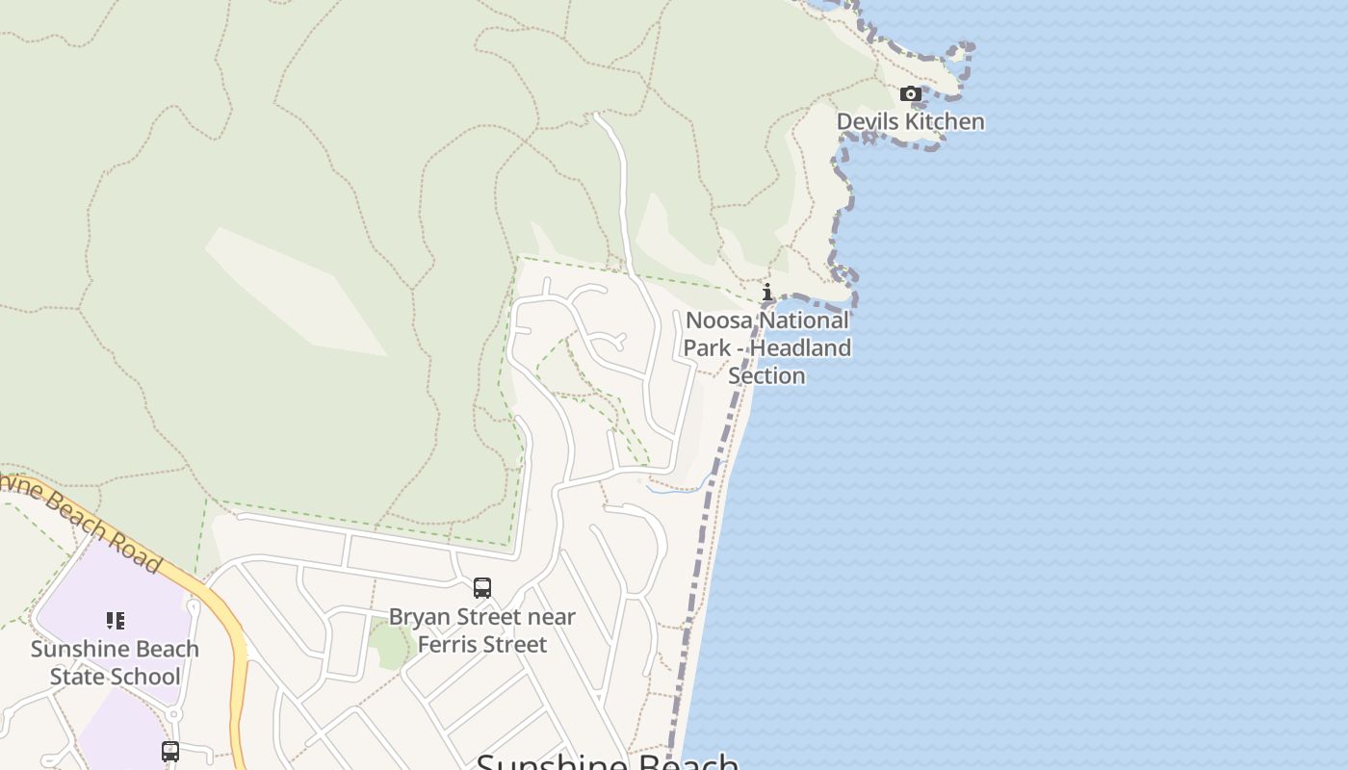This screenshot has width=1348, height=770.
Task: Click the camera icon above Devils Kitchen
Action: (910, 94)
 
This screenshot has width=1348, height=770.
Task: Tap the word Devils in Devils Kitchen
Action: (866, 121)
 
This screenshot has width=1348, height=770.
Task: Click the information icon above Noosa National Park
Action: (767, 292)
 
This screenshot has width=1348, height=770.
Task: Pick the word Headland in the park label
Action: (800, 347)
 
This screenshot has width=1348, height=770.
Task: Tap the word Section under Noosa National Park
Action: (766, 374)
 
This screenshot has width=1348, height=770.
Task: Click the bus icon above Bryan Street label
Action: (482, 587)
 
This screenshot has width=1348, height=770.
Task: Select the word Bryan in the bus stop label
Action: (420, 616)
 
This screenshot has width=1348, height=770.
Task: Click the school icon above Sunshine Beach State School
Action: (116, 621)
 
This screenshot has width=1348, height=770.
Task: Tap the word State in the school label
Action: (79, 676)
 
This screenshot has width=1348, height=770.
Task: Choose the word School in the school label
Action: (146, 676)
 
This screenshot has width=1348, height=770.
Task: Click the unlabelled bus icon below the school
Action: (170, 751)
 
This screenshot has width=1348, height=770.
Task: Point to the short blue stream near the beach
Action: (679, 488)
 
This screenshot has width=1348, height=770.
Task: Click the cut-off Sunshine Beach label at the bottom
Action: (608, 760)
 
